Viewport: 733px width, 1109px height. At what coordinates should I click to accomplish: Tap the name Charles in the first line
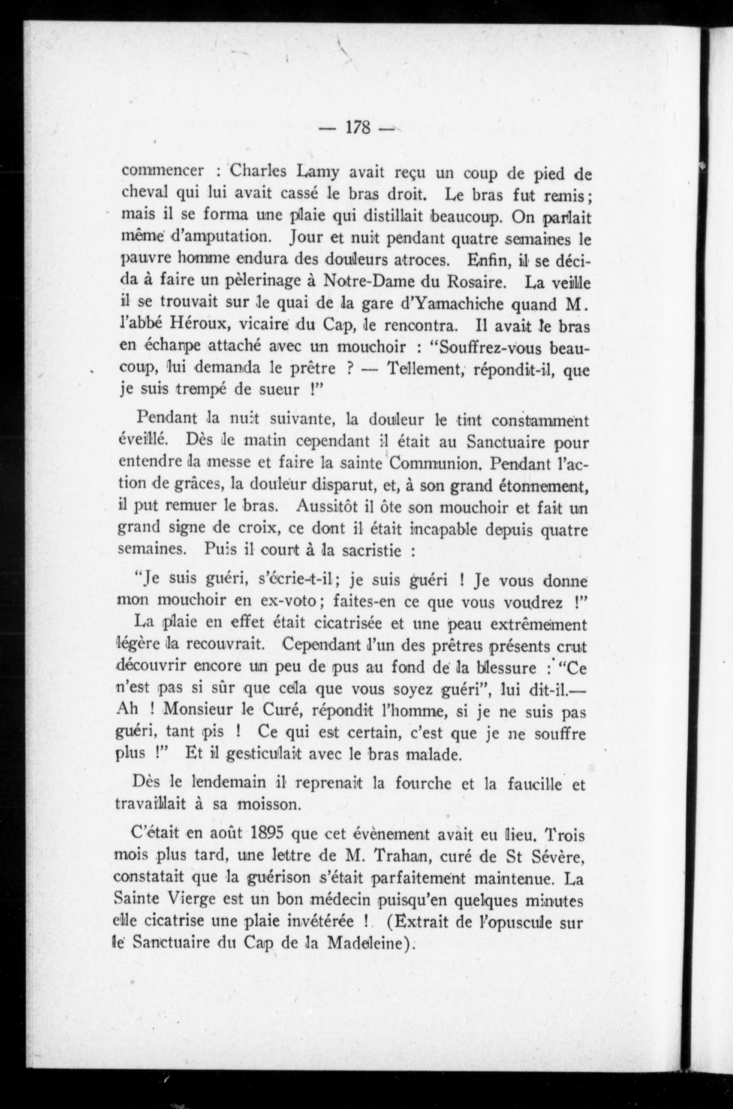(x=258, y=171)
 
